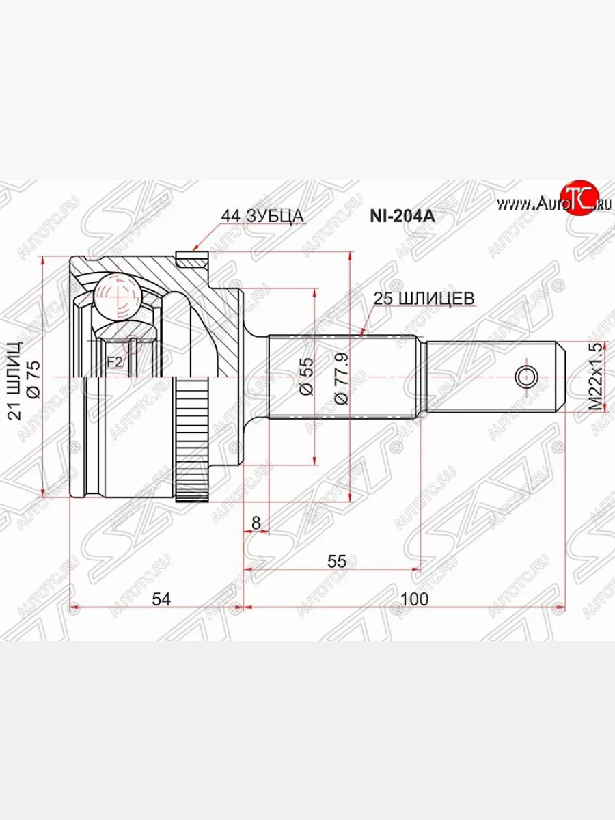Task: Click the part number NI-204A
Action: tap(402, 217)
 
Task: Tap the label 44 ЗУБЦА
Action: tap(262, 217)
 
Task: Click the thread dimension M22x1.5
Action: tap(597, 377)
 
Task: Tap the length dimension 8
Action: tap(256, 523)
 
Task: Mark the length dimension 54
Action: tap(161, 599)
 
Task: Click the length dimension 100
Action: tap(414, 599)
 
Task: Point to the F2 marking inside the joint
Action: tap(114, 361)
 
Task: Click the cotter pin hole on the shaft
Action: tap(527, 376)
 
